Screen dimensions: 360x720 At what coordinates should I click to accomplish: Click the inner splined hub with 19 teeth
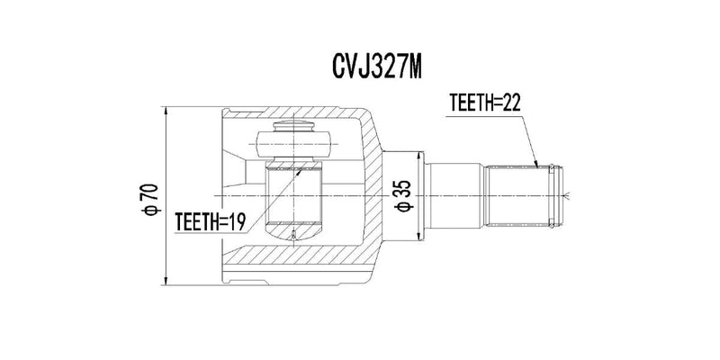tap(294, 200)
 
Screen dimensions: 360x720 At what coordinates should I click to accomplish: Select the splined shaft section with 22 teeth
tap(517, 194)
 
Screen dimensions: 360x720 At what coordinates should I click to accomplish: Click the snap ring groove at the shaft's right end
tap(558, 194)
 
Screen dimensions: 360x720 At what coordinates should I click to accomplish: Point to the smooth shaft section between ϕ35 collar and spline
tap(454, 194)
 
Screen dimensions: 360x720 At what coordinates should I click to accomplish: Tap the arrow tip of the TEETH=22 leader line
tap(537, 167)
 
